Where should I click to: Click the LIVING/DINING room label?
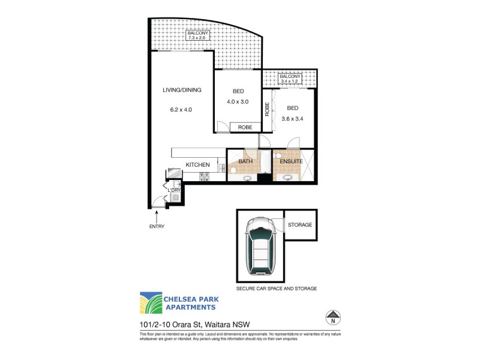[x=182, y=90]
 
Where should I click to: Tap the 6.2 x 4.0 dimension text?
[x=181, y=109]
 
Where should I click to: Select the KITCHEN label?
[x=197, y=165]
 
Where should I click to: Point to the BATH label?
[x=245, y=161]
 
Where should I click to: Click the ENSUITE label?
[x=290, y=161]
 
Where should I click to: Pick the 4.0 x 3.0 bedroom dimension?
[x=238, y=101]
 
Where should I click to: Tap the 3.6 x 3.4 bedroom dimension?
[x=293, y=118]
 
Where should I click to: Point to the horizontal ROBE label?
[x=245, y=127]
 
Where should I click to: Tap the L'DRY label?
[x=174, y=191]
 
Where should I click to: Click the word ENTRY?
[x=156, y=226]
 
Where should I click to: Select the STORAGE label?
[x=300, y=224]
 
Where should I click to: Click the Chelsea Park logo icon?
[x=150, y=303]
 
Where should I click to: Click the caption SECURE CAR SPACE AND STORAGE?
[x=277, y=289]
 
